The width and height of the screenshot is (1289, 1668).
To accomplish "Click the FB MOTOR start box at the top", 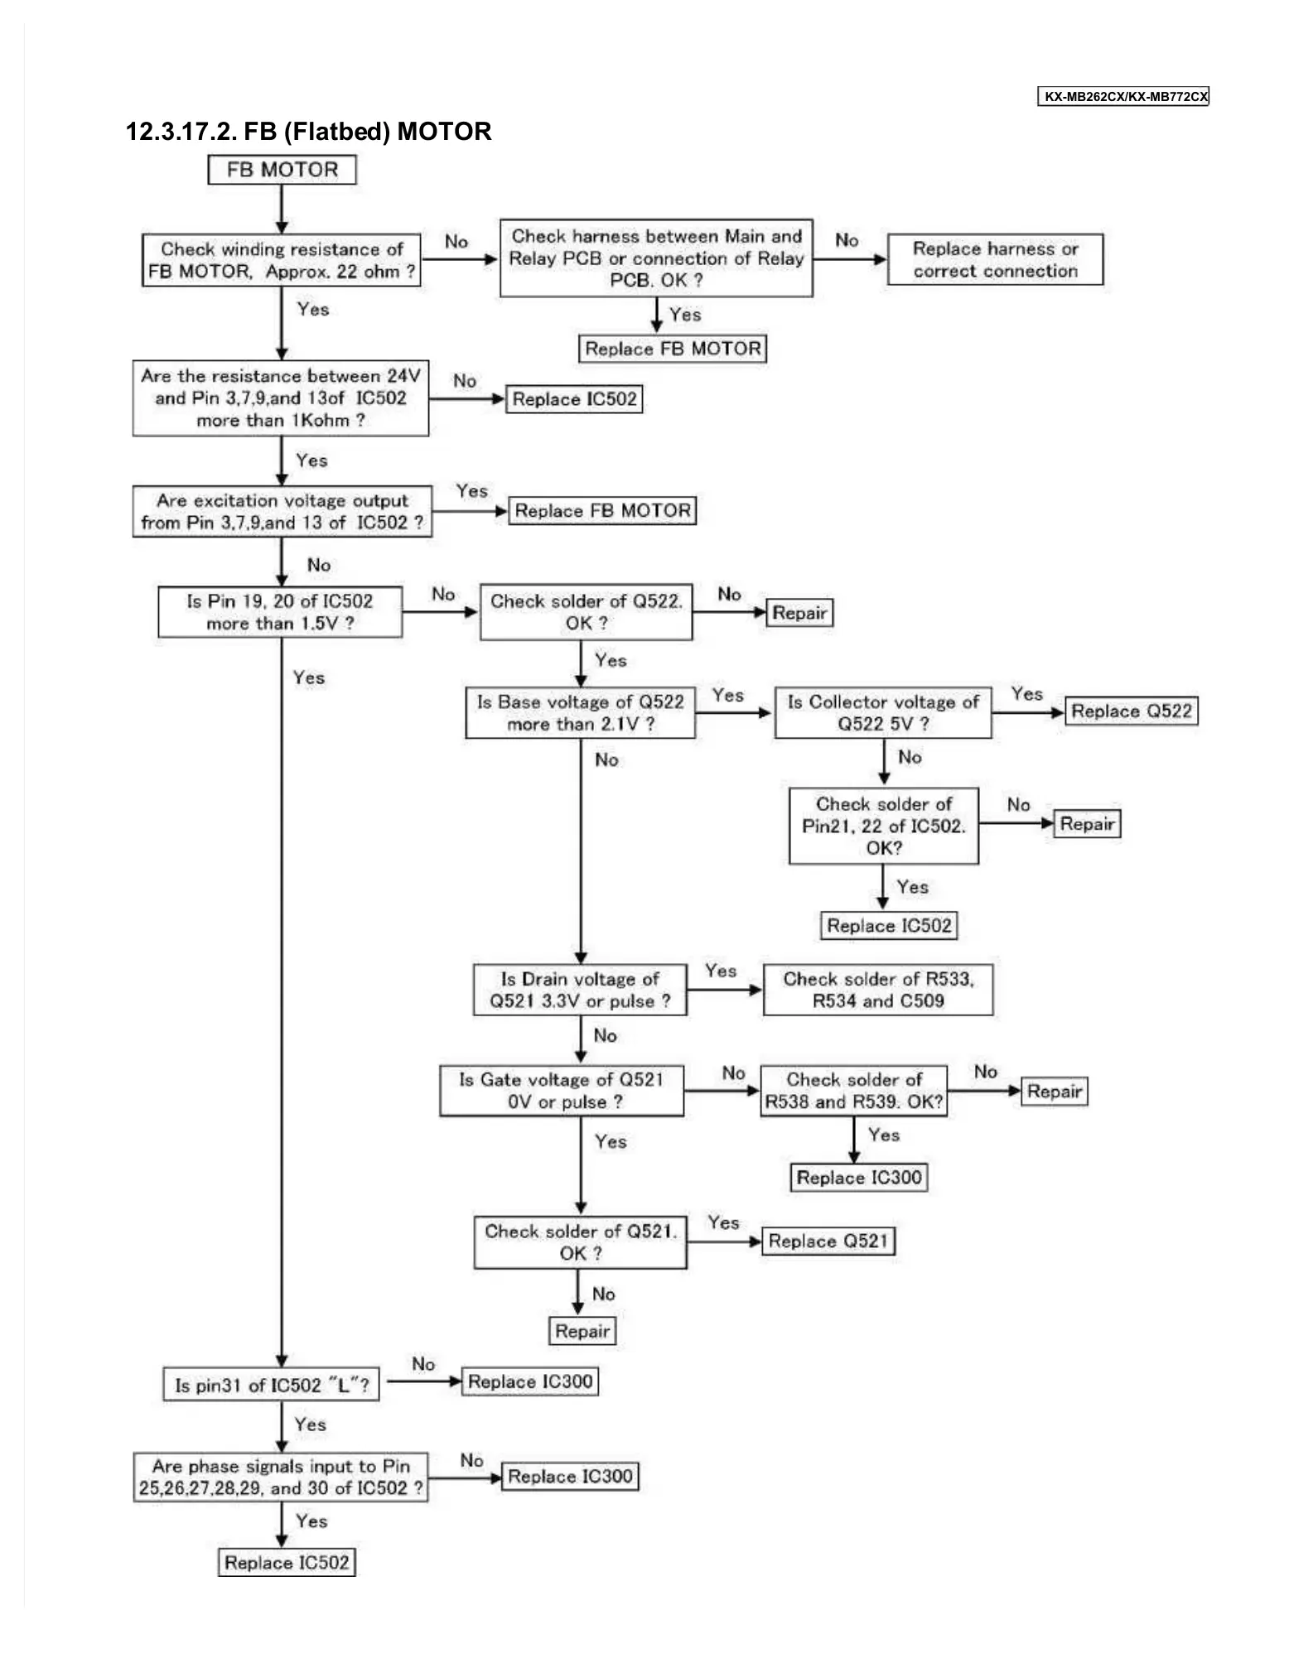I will [282, 170].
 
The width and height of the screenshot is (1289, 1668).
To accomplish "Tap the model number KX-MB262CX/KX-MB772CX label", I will [1123, 97].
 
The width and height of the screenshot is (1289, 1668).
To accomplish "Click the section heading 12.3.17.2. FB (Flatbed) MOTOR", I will [308, 132].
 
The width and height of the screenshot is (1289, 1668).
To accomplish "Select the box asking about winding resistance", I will [282, 260].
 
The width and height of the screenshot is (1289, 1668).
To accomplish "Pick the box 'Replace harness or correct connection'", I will [995, 260].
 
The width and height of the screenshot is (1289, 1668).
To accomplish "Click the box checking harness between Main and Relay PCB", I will [656, 258].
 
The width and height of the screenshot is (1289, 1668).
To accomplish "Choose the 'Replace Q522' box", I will [1131, 711].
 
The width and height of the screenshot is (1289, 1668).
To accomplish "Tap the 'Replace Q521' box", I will [828, 1241].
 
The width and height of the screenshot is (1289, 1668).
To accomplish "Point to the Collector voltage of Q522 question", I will [883, 713].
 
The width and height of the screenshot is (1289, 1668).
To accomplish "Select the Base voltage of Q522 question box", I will [580, 713].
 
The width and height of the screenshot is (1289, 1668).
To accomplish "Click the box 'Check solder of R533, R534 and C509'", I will [878, 990].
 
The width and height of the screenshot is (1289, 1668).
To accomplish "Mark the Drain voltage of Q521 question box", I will [580, 990].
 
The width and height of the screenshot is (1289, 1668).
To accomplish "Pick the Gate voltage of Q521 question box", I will [562, 1091].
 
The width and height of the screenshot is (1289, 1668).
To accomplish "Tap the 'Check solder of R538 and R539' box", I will [853, 1091].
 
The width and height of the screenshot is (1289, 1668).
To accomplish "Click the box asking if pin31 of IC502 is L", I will [272, 1385].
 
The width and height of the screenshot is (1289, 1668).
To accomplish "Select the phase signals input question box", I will [281, 1478].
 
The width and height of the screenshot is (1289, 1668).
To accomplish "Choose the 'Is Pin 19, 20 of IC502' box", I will [280, 612].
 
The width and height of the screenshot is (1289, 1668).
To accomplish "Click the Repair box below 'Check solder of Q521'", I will [582, 1331].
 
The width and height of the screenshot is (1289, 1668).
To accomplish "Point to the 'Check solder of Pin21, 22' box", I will [883, 826].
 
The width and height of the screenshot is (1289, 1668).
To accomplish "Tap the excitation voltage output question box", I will [282, 512].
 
